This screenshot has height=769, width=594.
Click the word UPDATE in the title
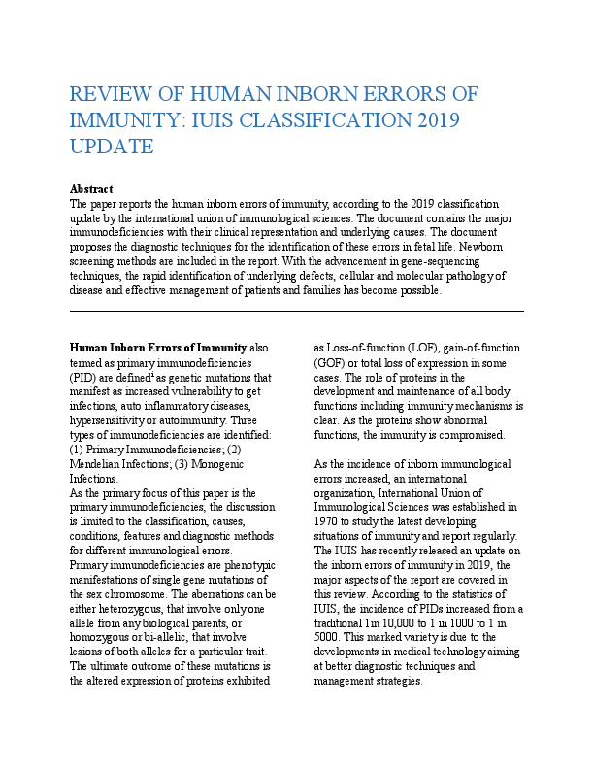coord(112,147)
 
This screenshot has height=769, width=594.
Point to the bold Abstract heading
coord(91,189)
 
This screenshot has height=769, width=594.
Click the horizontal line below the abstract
coord(297,311)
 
